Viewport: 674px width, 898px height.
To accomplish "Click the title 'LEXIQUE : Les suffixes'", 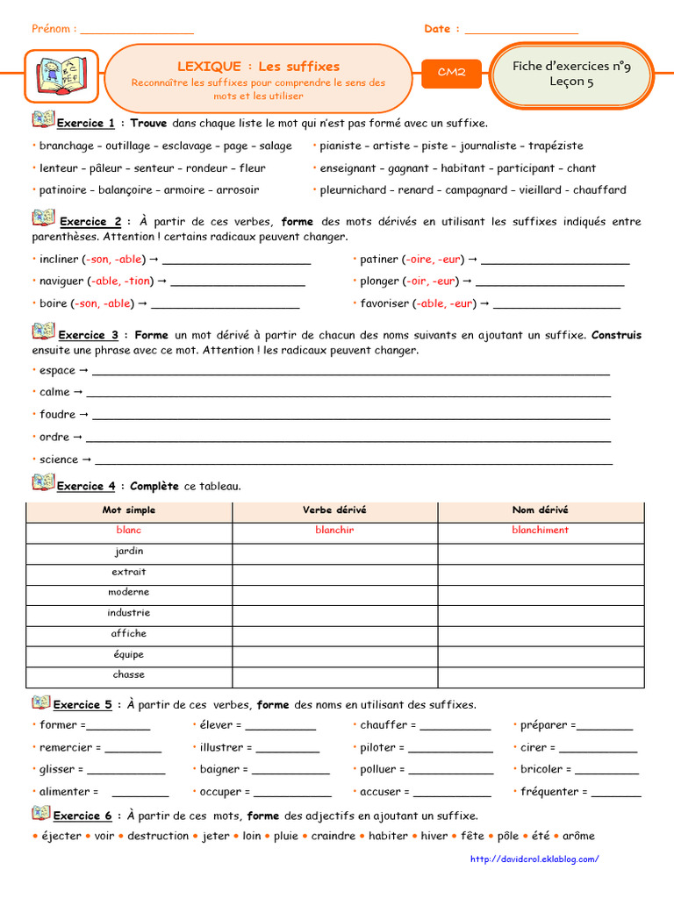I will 258,66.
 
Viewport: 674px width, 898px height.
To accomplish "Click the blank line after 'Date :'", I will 521,31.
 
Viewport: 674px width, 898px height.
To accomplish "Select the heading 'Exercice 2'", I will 90,222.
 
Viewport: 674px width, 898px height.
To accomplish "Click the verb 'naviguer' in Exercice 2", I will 61,281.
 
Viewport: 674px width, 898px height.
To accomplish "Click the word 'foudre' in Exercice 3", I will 58,414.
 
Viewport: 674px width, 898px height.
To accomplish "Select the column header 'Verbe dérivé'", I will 334,510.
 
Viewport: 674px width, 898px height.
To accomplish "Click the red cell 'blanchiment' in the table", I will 540,530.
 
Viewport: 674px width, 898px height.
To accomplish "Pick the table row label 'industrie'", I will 129,613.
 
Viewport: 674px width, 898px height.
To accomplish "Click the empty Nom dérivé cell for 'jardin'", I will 540,552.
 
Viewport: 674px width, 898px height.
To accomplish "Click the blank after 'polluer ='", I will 451,771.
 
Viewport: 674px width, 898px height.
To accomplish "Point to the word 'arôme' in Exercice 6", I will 578,836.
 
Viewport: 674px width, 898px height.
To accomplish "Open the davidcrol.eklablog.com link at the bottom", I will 535,859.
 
